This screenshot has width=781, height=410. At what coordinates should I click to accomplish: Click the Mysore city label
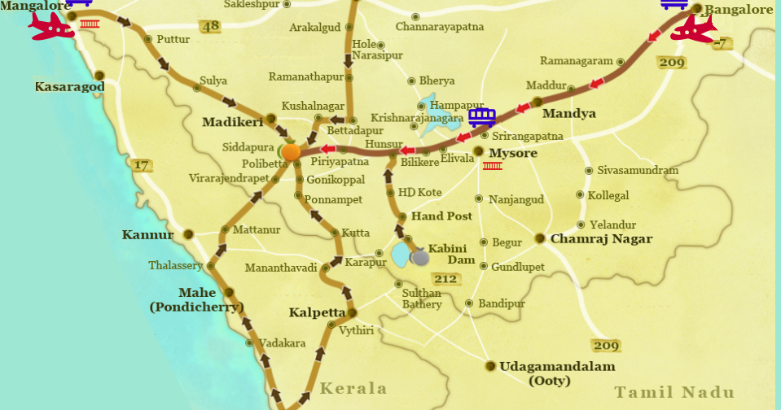[x=513, y=153]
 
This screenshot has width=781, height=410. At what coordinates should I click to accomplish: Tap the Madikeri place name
[x=233, y=122]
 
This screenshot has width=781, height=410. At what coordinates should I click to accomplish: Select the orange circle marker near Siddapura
[x=291, y=152]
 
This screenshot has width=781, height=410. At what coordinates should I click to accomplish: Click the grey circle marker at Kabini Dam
[x=420, y=258]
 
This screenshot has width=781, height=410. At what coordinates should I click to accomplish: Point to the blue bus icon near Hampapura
[x=482, y=117]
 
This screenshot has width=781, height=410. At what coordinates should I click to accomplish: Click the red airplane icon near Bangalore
[x=693, y=29]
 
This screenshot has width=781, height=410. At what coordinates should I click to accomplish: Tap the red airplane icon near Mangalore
[x=50, y=26]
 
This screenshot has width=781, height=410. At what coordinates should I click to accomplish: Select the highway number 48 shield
[x=211, y=27]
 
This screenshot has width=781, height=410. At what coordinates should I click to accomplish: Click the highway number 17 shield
[x=141, y=165]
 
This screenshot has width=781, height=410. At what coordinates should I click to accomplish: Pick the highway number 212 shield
[x=446, y=280]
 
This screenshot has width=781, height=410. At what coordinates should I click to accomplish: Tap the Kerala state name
[x=353, y=388]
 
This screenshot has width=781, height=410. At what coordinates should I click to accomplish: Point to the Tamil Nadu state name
[x=674, y=393]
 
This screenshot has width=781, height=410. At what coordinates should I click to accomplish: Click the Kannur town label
[x=148, y=235]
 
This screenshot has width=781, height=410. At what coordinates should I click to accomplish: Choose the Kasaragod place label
[x=70, y=86]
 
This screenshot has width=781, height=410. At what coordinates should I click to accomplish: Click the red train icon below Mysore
[x=492, y=166]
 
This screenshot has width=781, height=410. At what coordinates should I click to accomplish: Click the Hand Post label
[x=441, y=216]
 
